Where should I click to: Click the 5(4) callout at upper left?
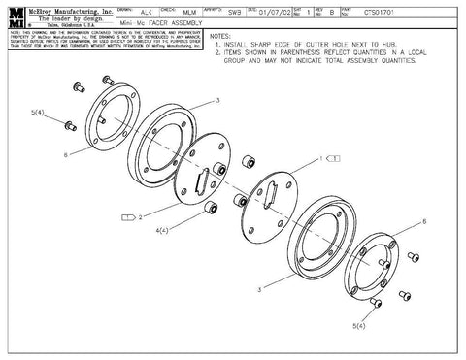(x=38, y=114)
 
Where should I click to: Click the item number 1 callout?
(x=319, y=157)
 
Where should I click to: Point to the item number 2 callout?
(x=142, y=217)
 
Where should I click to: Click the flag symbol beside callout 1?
(x=332, y=157)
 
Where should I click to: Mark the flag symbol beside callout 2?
(x=127, y=217)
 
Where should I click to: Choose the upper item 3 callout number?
(x=217, y=100)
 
